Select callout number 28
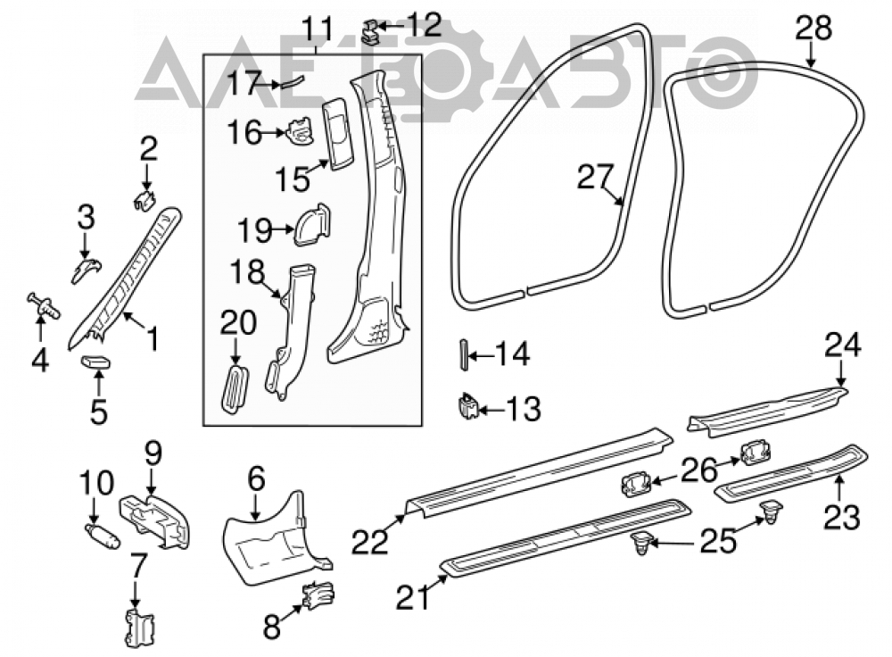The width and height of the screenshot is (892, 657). pos(814,28)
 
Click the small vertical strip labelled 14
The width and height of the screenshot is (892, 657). pos(463,354)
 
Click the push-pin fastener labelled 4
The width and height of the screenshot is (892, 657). pos(44,306)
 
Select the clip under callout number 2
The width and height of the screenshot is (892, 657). pos(145,200)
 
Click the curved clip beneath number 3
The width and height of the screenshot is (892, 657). pos(86,270)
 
